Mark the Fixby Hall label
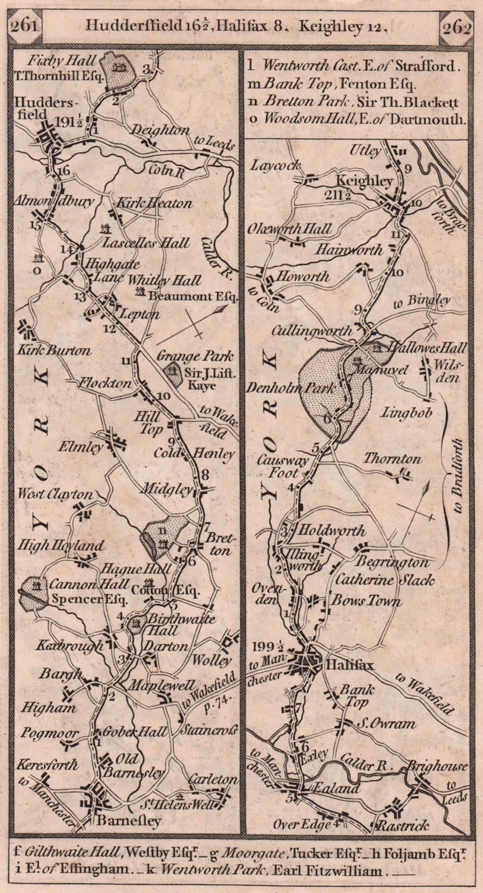(71, 60)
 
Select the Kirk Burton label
(55, 351)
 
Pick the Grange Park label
(195, 356)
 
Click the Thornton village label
(393, 459)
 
